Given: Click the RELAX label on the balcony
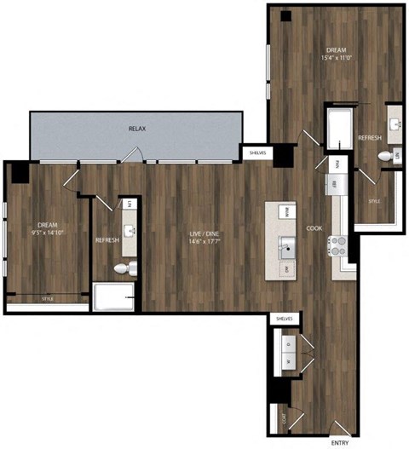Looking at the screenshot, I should (137, 129).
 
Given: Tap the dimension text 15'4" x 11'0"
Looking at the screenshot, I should (337, 58).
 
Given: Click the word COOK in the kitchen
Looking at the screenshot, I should (314, 228).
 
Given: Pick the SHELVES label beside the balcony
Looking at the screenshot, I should (256, 153).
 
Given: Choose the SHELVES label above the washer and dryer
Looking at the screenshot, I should (284, 318).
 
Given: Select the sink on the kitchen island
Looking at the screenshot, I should (288, 249).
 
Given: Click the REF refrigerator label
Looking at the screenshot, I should (335, 184).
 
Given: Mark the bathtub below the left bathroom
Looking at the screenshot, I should (113, 298).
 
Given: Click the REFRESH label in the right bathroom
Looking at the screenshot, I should (369, 138).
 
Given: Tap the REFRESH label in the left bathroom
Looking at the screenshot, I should (107, 240).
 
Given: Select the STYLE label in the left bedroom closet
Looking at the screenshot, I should (48, 298).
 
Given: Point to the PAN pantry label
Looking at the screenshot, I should (337, 163).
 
